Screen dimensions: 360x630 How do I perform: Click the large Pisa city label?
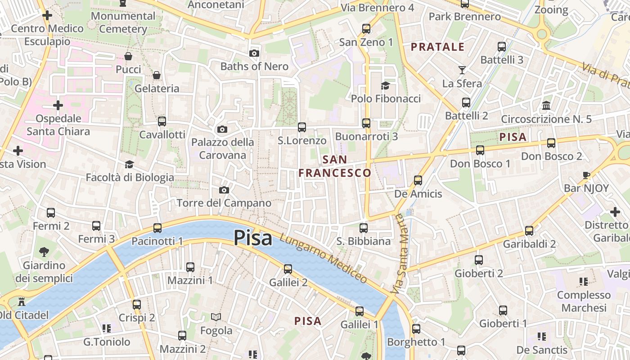click(252, 238)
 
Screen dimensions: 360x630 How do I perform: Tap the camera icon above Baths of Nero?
click(254, 53)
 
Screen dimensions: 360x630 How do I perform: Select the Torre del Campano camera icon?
click(224, 190)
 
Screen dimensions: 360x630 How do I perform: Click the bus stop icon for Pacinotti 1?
click(157, 228)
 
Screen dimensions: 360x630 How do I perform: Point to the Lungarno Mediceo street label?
click(323, 259)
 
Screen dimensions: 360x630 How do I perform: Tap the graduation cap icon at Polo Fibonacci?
click(386, 85)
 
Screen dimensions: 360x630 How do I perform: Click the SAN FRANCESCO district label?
click(335, 166)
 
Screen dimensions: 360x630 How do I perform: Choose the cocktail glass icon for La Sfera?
click(462, 70)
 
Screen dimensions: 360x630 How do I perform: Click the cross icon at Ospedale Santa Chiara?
click(58, 105)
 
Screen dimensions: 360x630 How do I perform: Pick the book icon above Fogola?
click(216, 317)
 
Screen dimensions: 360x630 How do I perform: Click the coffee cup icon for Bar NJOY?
click(586, 175)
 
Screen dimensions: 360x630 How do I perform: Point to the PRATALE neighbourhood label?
click(437, 47)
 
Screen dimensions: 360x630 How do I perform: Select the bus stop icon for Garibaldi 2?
click(529, 231)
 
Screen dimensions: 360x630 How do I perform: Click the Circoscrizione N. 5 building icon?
click(546, 105)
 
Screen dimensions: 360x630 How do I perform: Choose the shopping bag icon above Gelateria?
click(157, 75)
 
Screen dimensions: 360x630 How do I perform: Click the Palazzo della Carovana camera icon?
click(222, 129)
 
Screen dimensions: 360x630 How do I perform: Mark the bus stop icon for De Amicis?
click(418, 180)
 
